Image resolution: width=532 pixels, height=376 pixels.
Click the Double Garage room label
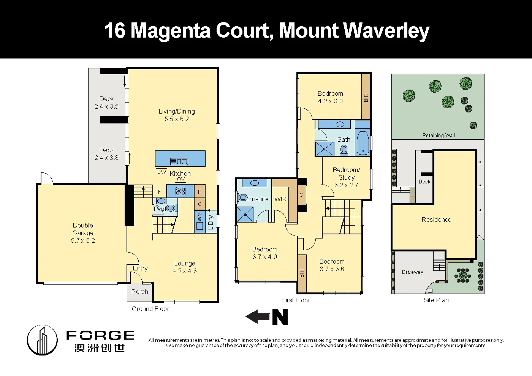[x=83, y=232]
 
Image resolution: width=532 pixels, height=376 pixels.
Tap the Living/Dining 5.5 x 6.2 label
[x=177, y=115]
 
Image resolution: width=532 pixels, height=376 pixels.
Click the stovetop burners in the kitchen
[x=180, y=191]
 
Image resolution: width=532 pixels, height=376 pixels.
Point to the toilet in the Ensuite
[x=242, y=198]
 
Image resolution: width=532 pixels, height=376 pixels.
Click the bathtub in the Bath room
[x=363, y=143]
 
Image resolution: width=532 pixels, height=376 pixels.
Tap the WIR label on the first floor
[x=280, y=199]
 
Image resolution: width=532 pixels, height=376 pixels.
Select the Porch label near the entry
[x=139, y=292]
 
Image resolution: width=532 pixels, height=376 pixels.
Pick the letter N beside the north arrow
[x=280, y=317]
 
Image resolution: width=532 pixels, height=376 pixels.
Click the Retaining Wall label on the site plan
[x=439, y=135]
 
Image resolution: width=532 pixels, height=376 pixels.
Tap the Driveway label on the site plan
[x=412, y=272]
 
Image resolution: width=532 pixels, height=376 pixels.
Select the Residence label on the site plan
[x=436, y=220]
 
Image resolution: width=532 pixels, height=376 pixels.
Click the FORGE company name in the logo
[x=100, y=335]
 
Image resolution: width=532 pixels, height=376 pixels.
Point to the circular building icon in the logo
[x=42, y=340]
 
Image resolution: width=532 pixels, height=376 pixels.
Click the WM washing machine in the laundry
[x=199, y=221]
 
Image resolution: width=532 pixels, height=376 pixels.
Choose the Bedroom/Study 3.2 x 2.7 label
[x=346, y=177]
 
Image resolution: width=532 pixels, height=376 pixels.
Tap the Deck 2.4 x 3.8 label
[x=106, y=154]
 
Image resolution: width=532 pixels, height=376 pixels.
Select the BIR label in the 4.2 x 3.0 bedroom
[x=366, y=98]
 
